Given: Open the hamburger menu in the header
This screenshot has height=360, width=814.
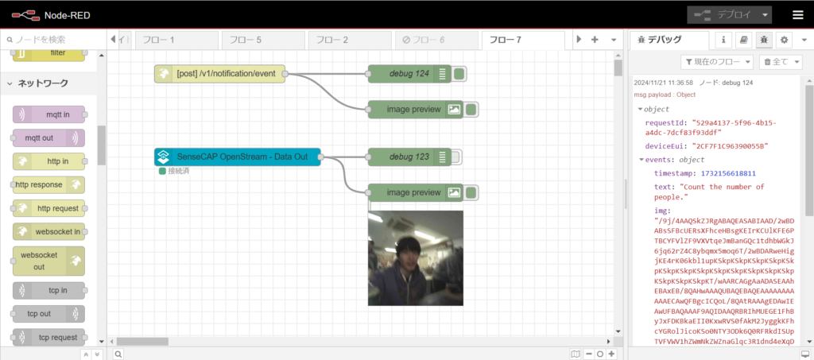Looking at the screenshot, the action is point(798,15).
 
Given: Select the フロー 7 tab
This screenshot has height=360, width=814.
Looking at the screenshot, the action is point(523,40).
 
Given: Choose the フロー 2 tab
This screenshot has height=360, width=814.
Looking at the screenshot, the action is point(350,40).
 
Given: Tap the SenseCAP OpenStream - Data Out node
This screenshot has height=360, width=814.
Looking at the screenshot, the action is point(237,157).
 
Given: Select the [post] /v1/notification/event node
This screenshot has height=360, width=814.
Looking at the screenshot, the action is point(220,74).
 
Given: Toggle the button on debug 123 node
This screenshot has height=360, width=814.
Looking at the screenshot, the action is point(456,157).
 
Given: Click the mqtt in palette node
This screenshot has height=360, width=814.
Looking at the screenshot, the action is point(48,114).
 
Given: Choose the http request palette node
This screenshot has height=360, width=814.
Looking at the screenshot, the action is point(48,208).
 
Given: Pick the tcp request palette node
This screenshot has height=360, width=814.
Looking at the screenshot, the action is point(48,337).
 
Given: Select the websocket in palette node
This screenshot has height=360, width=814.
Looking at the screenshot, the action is point(48,231).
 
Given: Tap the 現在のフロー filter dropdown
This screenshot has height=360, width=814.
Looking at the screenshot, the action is point(717,62).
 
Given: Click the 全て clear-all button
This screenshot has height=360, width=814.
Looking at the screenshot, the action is point(781,62).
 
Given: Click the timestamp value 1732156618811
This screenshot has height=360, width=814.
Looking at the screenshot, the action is point(728,172).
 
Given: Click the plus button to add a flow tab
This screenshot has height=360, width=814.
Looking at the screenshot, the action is point(595,40).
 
